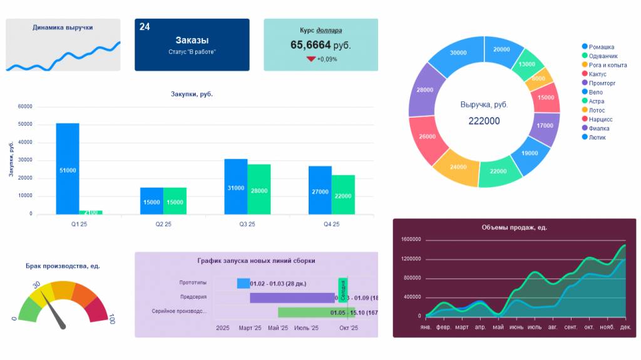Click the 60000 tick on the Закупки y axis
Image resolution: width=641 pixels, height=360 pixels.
coord(25,107)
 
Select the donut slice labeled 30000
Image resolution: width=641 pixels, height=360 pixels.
coord(458,54)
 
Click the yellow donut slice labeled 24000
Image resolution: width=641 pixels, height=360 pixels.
coord(457,167)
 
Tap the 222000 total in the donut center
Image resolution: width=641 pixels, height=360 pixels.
coord(484,121)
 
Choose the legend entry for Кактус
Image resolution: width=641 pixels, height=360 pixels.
coord(597,74)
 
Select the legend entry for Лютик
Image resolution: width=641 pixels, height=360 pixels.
coord(597,137)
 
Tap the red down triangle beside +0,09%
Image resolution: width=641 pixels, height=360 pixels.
coord(310,59)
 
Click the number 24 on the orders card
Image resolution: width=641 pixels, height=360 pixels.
coord(145,27)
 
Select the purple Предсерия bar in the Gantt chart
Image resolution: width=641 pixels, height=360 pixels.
coord(292,298)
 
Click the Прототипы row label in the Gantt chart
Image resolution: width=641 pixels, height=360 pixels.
coord(193,283)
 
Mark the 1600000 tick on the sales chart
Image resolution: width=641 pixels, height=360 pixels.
coord(411,240)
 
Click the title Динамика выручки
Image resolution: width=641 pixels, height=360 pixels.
coord(63,28)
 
